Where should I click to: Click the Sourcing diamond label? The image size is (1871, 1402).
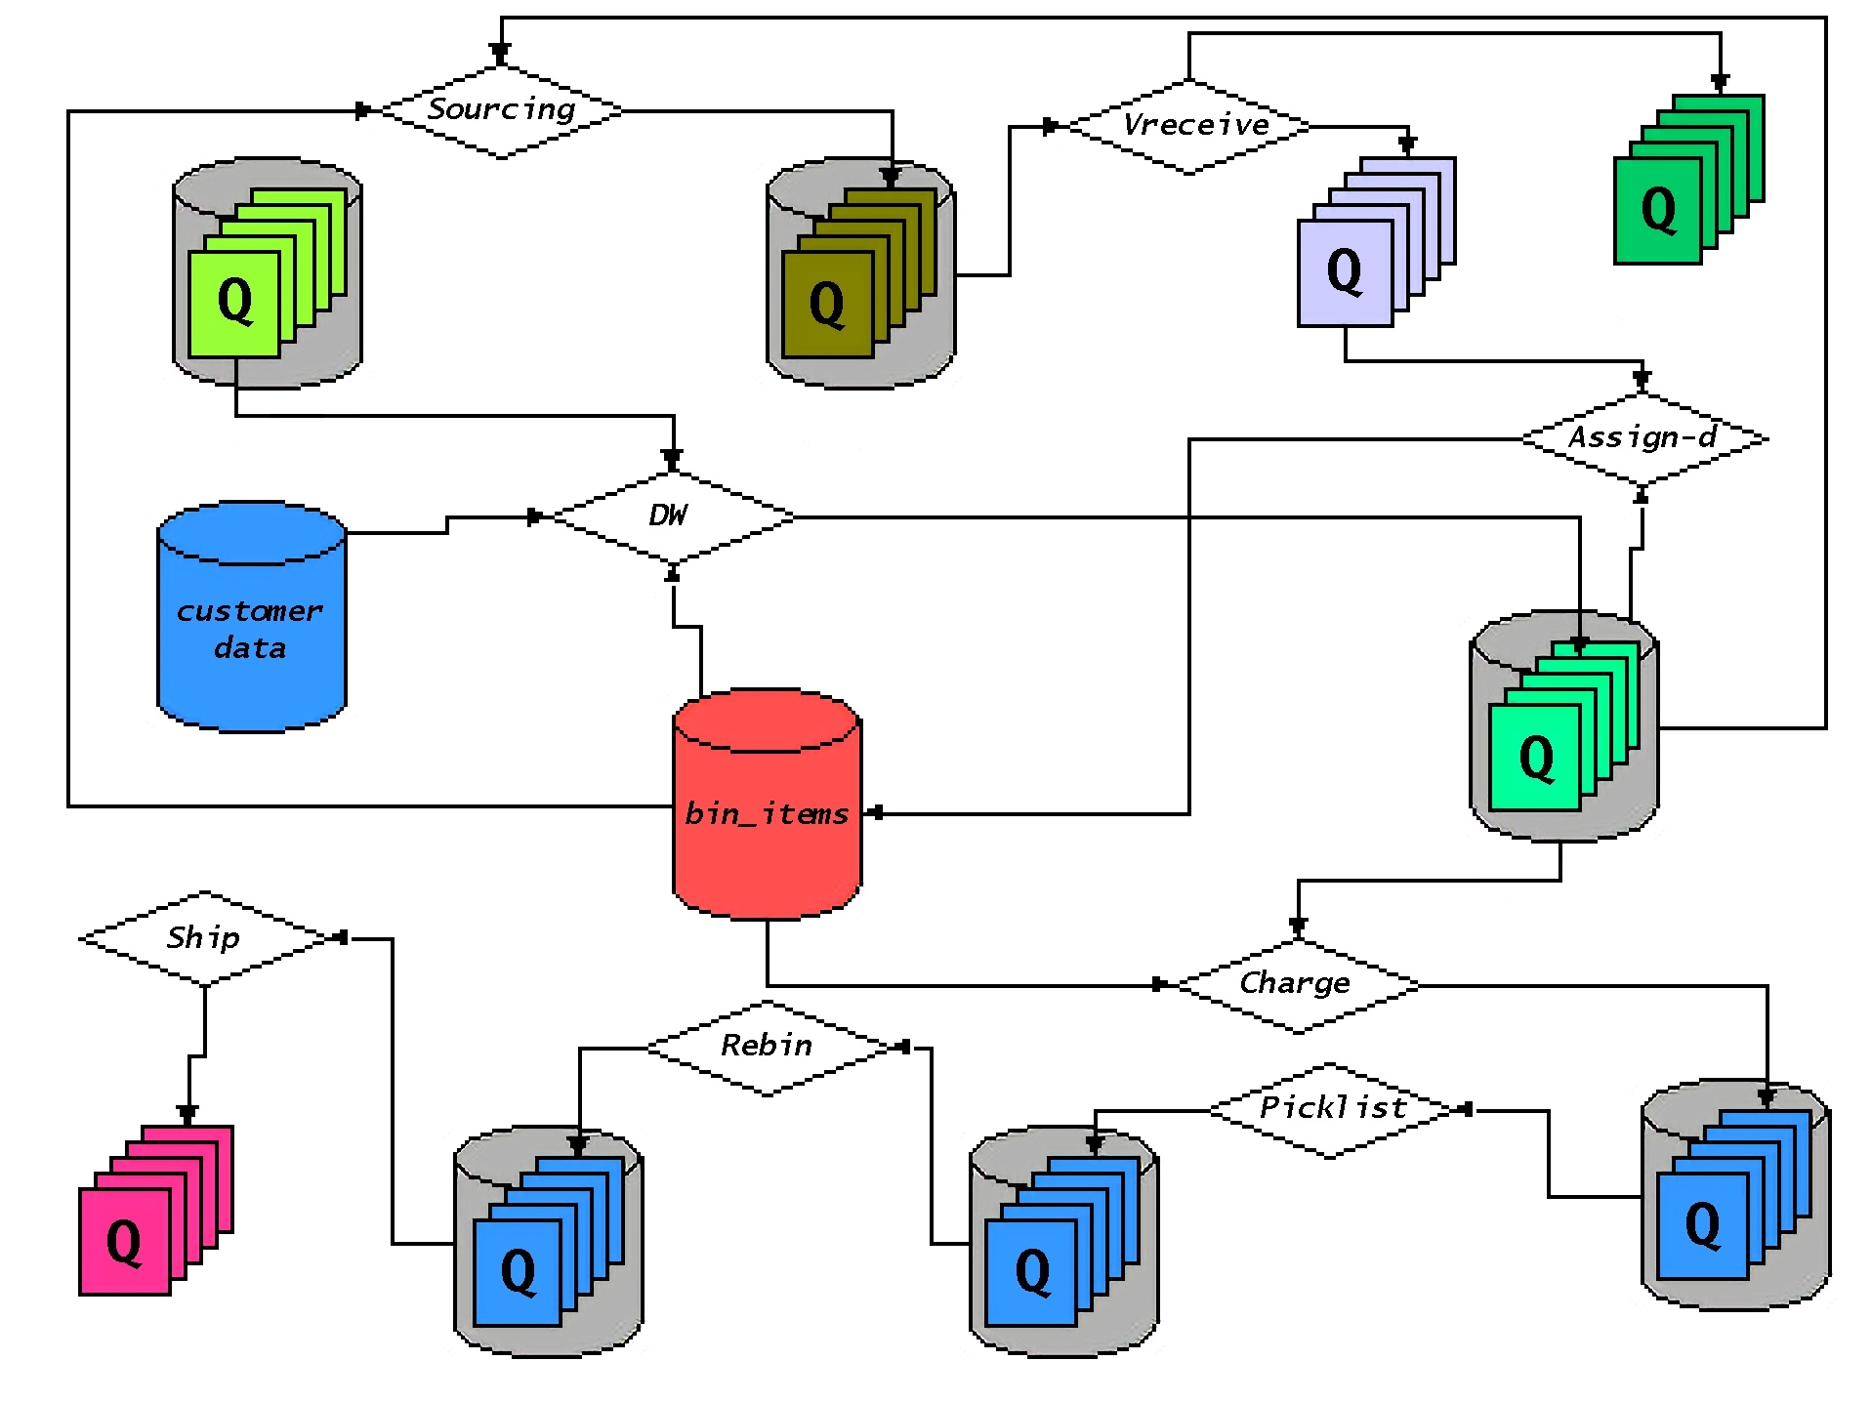[501, 109]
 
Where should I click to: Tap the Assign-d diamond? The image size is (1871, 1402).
[1642, 437]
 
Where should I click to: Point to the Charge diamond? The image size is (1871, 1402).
[1297, 983]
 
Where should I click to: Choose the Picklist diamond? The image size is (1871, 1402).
[1331, 1108]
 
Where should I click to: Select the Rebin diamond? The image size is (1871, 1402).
[768, 1047]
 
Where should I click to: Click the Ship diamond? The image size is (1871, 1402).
[204, 937]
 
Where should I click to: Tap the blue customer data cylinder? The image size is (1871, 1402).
[252, 617]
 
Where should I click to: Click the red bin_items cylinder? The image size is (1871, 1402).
[768, 805]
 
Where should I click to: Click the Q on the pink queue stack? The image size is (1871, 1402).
[124, 1242]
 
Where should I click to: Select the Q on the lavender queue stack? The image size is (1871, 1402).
[1344, 272]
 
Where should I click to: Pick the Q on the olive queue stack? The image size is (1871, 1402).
[827, 305]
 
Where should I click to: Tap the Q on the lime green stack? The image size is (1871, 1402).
[234, 302]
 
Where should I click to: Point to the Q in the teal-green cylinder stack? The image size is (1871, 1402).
[1536, 758]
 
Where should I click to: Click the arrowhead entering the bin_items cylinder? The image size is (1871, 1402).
[876, 812]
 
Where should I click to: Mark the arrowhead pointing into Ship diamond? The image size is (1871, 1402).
[340, 937]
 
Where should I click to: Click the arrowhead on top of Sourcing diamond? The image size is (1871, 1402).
[500, 52]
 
